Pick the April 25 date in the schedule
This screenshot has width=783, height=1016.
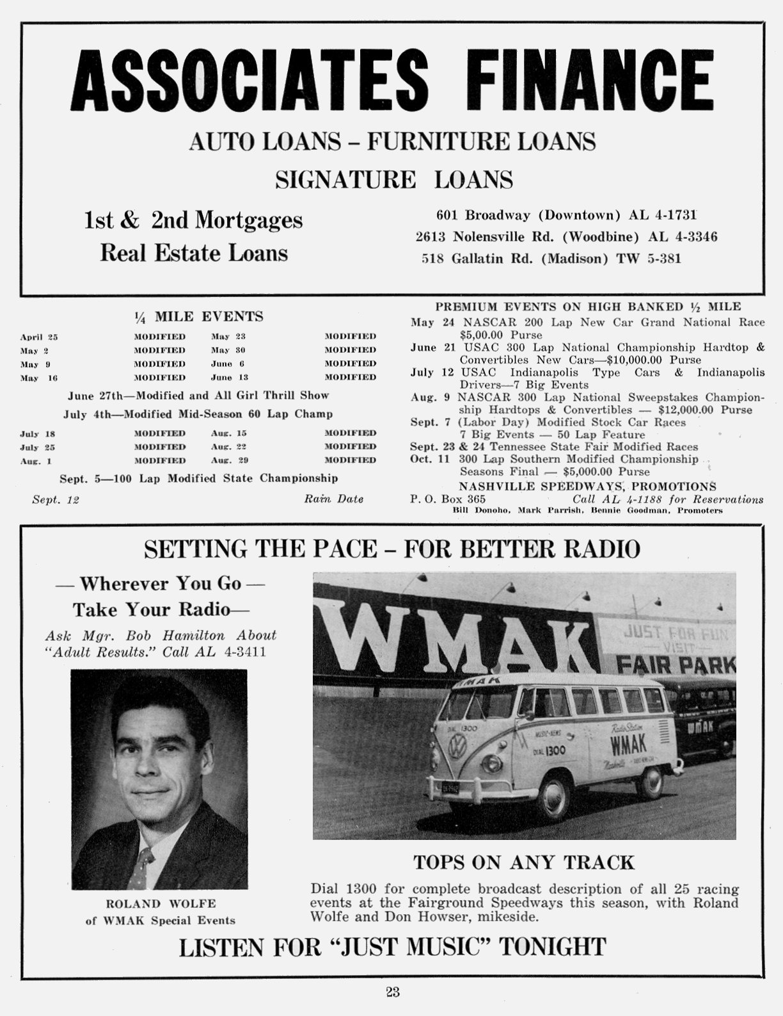coord(39,337)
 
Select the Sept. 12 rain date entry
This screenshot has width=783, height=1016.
coord(56,499)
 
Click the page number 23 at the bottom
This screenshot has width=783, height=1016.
coord(393,992)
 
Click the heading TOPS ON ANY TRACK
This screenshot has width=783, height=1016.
coord(524,862)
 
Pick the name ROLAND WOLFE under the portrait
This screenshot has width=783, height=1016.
coord(161,904)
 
